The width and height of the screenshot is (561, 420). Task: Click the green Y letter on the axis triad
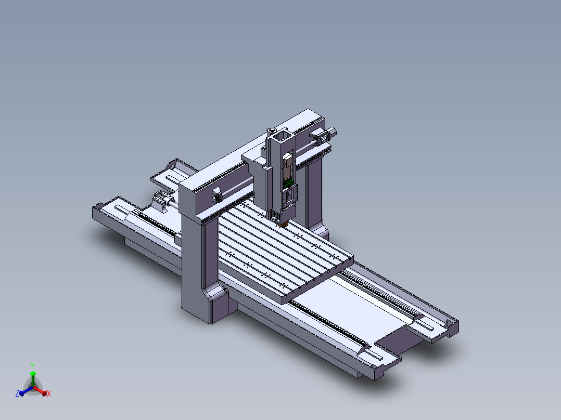(33, 365)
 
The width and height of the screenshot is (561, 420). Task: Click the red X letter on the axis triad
(49, 394)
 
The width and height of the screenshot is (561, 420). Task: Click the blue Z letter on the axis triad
(17, 394)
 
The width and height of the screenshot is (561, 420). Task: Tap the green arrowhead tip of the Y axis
(33, 374)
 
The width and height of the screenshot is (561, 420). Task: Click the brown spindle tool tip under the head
(283, 225)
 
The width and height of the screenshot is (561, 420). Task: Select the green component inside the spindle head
(288, 183)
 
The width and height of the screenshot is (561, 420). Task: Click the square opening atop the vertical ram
(280, 137)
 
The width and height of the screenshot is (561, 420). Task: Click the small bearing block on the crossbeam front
(216, 196)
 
